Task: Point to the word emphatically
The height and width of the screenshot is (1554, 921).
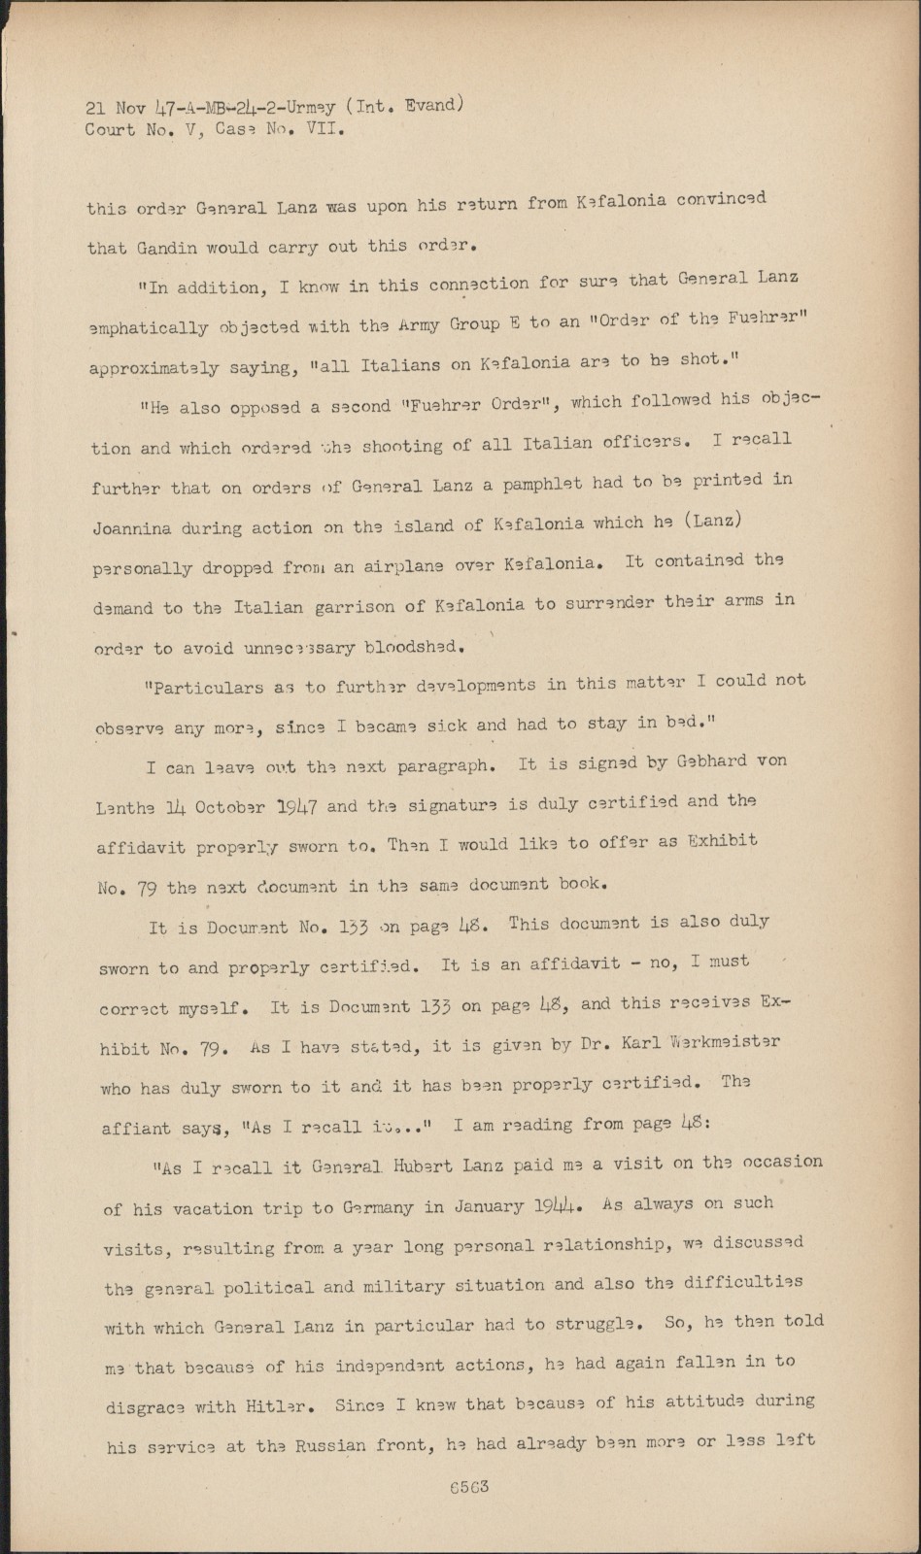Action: [149, 328]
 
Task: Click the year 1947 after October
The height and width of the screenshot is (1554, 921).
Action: [298, 806]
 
